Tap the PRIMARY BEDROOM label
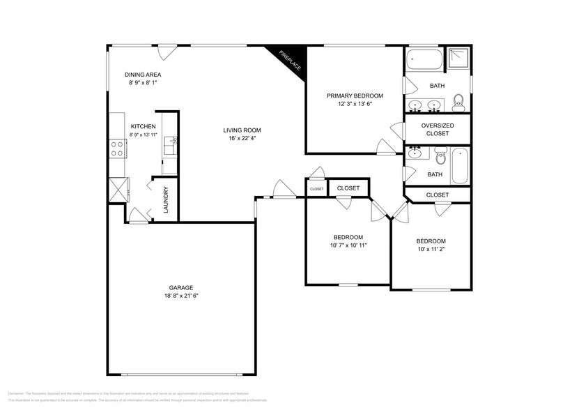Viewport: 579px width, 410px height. pyautogui.click(x=355, y=96)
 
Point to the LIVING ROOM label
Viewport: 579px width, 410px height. pyautogui.click(x=242, y=130)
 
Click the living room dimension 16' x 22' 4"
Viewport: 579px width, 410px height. pyautogui.click(x=242, y=138)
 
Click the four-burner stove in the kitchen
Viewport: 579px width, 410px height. pyautogui.click(x=117, y=149)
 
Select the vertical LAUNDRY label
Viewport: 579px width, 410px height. pyautogui.click(x=166, y=199)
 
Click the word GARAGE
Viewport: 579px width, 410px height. pyautogui.click(x=180, y=287)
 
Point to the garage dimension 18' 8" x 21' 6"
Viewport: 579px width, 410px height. pyautogui.click(x=180, y=296)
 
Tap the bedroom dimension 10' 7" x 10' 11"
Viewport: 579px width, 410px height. pyautogui.click(x=348, y=245)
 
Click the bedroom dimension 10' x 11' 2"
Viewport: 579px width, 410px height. pyautogui.click(x=431, y=249)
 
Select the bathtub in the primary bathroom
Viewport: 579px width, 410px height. pyautogui.click(x=424, y=61)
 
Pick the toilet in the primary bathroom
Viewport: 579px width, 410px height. pyautogui.click(x=458, y=103)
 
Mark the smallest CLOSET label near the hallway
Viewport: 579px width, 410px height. pyautogui.click(x=317, y=189)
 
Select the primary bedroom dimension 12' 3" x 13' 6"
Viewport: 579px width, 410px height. pyautogui.click(x=355, y=104)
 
